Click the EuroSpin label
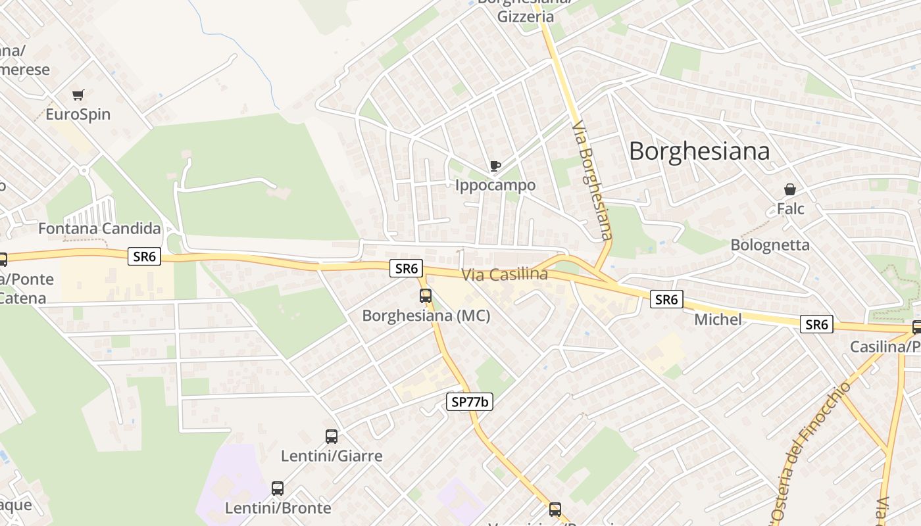(78, 114)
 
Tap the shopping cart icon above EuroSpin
(78, 95)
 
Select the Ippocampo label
(495, 185)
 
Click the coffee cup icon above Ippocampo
(495, 166)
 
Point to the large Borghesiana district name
(699, 151)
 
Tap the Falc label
(790, 209)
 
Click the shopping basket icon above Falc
(790, 190)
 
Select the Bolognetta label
(770, 245)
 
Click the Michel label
(718, 320)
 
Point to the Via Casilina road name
(505, 274)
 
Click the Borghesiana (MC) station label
(426, 316)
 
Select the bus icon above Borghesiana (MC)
(426, 296)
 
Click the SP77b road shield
(469, 402)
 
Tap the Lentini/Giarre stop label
(332, 456)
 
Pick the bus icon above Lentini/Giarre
(332, 437)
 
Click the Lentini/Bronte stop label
(278, 508)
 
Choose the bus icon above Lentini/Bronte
(278, 489)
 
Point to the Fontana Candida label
(99, 229)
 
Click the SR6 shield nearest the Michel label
(666, 300)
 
